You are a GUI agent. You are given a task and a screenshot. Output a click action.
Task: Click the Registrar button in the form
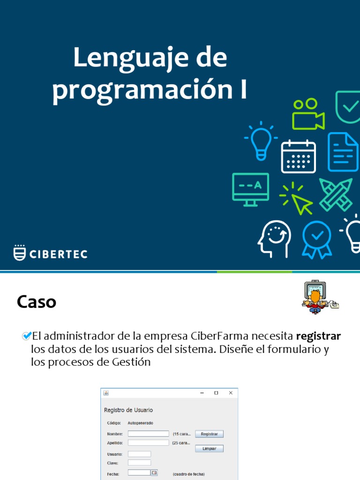click(209, 434)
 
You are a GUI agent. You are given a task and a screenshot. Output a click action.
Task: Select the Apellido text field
click(148, 442)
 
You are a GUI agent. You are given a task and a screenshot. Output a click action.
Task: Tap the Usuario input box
click(139, 454)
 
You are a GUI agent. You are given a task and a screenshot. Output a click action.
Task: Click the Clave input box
click(139, 463)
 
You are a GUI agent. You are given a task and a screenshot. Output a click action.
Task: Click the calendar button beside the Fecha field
click(154, 473)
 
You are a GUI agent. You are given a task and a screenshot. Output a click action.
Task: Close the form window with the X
click(230, 393)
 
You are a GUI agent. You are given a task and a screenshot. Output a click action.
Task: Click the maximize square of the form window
click(216, 393)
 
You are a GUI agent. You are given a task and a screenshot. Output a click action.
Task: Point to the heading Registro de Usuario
click(128, 410)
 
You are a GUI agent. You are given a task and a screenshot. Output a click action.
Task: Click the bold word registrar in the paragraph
click(318, 336)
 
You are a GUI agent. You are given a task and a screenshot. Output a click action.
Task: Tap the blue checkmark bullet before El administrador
click(27, 336)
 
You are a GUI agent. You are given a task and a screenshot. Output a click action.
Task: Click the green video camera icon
click(308, 114)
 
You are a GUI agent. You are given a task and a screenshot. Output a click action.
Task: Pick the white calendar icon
click(298, 157)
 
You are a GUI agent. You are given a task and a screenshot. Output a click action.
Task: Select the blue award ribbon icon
click(317, 240)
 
